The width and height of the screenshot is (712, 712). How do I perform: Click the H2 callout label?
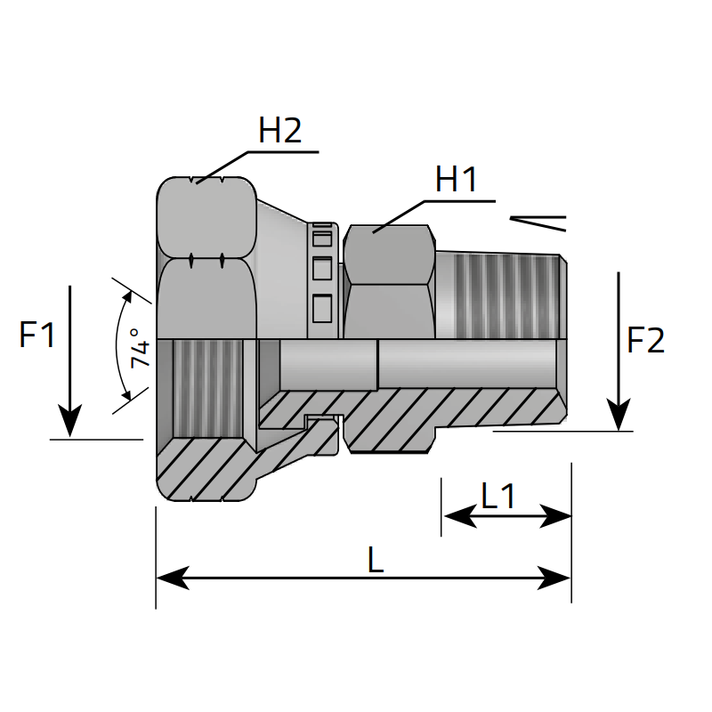coord(280,131)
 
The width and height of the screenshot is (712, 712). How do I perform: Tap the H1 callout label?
coord(457,180)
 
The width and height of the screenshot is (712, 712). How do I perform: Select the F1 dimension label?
coord(37,336)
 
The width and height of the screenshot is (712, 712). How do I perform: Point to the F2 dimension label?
coord(646,340)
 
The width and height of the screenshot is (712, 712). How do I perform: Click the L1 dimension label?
coord(498,496)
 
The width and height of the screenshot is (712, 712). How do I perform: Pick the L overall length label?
coord(376,560)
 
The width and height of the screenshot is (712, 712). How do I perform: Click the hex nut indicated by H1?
coord(389,280)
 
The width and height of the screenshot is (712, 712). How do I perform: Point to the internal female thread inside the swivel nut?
coord(206,388)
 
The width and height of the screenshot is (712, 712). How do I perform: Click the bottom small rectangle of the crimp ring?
coord(322,307)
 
